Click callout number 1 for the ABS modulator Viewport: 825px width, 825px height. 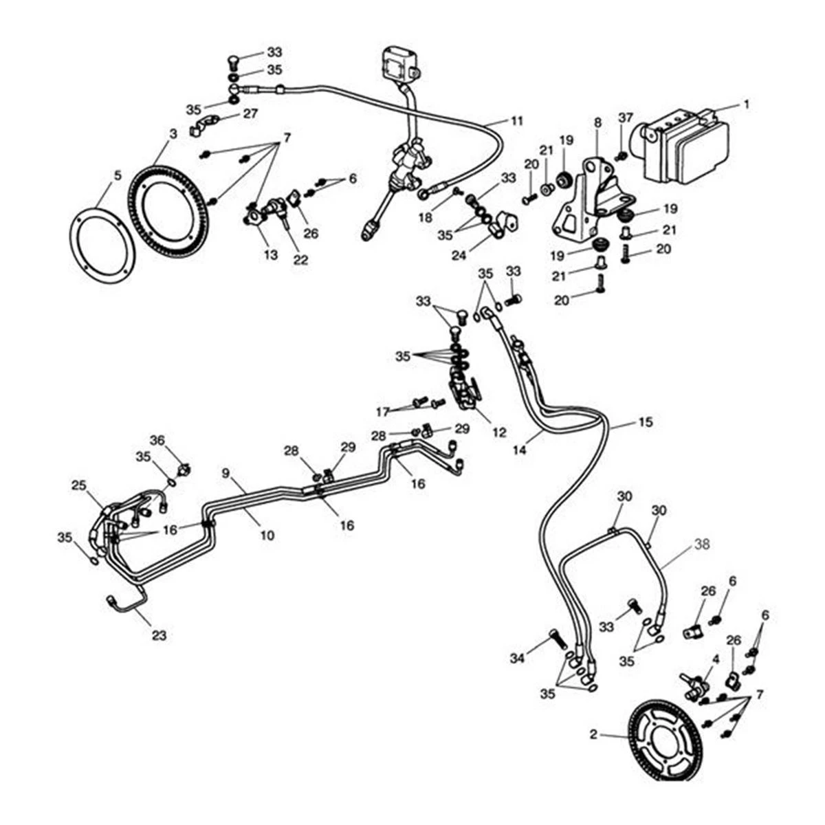[x=745, y=104]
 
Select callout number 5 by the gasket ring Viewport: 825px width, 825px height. [x=118, y=175]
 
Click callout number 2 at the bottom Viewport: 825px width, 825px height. [x=593, y=735]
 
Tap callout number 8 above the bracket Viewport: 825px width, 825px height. [x=597, y=122]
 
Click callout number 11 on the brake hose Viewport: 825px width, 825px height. [x=517, y=121]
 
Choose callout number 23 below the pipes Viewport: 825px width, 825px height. [x=159, y=636]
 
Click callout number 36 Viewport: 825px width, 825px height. [x=158, y=440]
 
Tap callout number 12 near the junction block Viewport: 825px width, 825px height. [x=499, y=433]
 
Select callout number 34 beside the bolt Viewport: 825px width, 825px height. [x=518, y=659]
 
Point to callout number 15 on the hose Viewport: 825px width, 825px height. [x=645, y=421]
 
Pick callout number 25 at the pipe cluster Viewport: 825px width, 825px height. [x=78, y=486]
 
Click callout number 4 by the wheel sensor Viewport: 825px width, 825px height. [x=716, y=659]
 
